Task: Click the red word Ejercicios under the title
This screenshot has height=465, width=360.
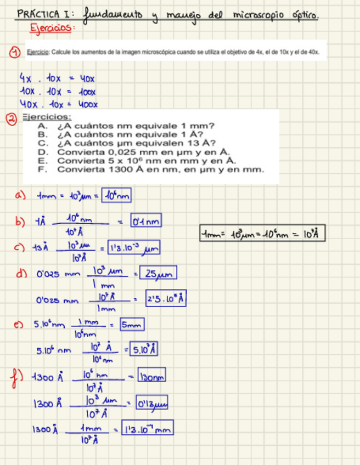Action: pos(51,27)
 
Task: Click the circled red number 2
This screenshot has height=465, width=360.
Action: pos(10,117)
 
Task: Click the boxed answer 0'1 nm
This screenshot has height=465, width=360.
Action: pos(146,222)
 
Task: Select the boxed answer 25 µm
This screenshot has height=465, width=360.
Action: pos(159,273)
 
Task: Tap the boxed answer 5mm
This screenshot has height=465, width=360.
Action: pos(132,325)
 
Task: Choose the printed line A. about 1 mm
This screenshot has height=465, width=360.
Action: pos(127,126)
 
